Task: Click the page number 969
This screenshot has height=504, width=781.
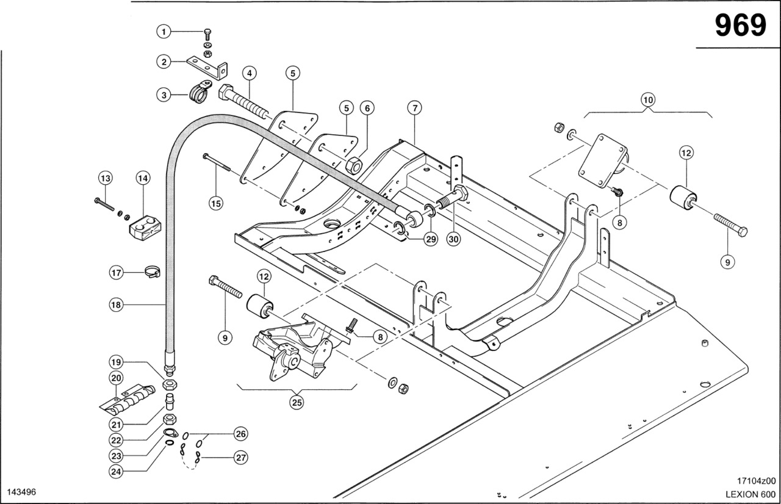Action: pos(740,26)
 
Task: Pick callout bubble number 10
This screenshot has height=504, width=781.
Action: pos(647,99)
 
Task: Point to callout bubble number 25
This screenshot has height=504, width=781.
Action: pos(297,403)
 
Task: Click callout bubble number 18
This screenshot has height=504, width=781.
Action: pos(116,304)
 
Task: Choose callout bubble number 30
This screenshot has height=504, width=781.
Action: pos(453,239)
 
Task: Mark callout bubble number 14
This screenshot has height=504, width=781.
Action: pos(142,178)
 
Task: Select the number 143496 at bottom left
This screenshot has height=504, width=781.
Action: pos(21,492)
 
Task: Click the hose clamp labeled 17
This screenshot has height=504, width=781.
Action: pos(151,272)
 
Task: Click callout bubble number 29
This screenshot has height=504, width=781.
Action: pos(431,239)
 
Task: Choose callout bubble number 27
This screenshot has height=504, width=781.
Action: pos(241,456)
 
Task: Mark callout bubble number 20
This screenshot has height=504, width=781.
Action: pos(116,378)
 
